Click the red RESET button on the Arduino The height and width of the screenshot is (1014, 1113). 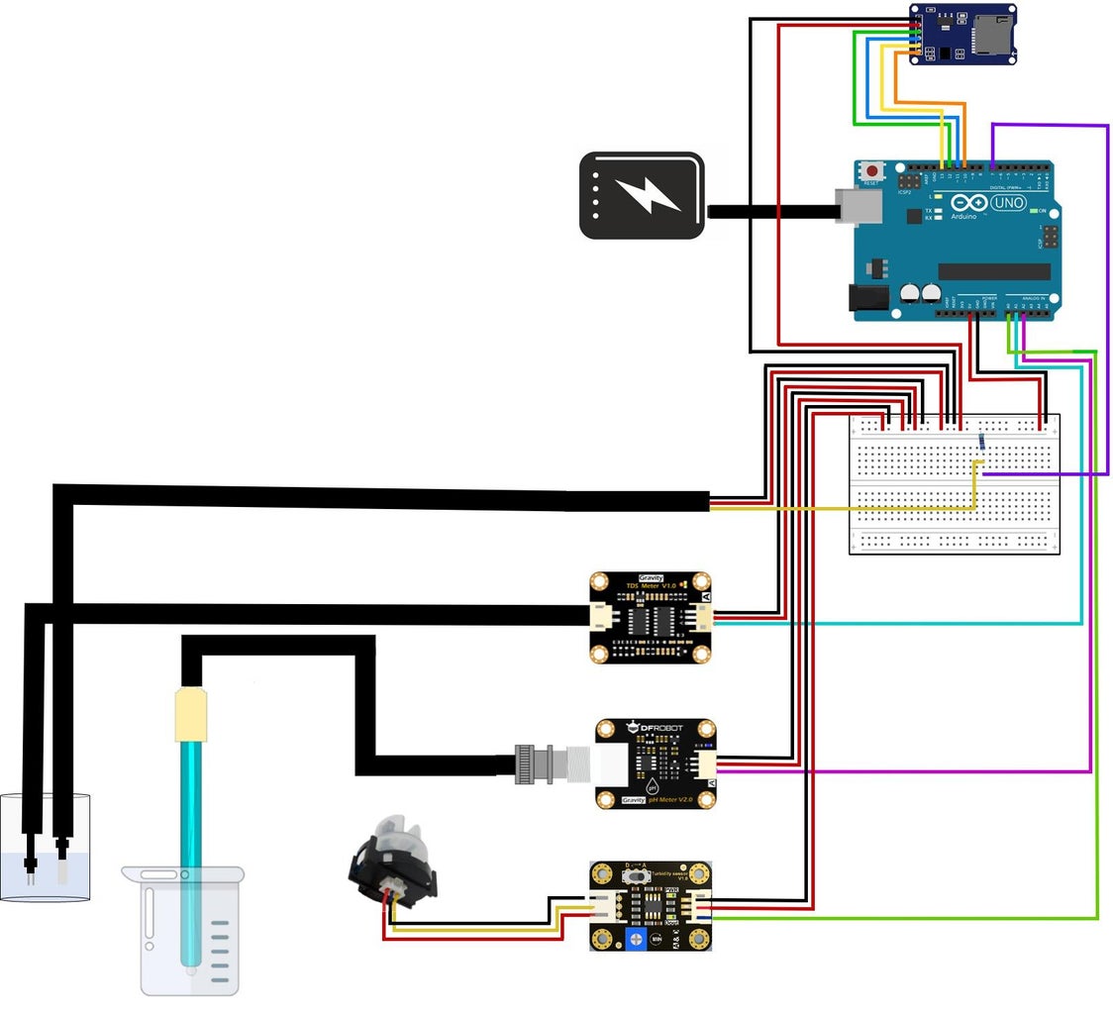tap(871, 171)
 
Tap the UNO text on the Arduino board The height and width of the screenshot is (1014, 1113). tap(1008, 202)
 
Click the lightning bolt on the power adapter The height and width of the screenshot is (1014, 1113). tap(645, 195)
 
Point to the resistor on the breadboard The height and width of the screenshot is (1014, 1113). tap(981, 442)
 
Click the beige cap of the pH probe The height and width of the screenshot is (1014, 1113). tap(189, 716)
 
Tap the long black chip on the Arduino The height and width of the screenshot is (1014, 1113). tap(993, 271)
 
